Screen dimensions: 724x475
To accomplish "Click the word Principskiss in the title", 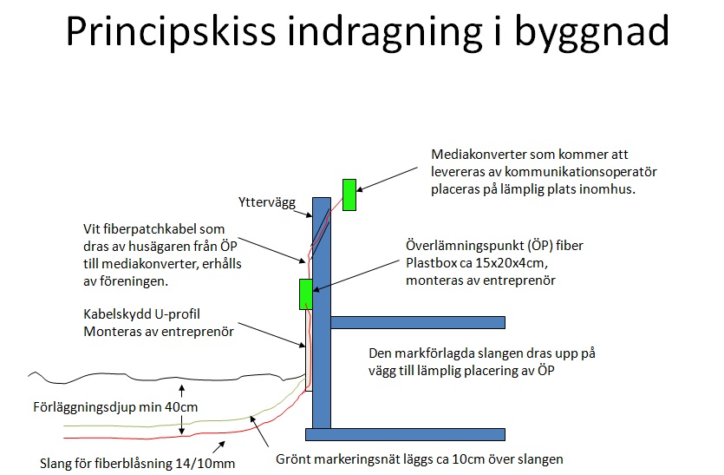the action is point(171,31).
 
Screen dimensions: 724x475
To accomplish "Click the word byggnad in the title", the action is point(591,31).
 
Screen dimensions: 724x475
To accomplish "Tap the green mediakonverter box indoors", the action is point(349,195).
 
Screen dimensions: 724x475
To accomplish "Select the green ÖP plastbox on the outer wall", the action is point(306,294).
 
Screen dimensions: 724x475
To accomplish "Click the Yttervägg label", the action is point(267,202).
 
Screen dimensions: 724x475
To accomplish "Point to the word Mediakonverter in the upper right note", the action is point(479,154).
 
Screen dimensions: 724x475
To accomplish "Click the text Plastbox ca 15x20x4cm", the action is point(477,263).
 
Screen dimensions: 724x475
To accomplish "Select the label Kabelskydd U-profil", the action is point(141,314).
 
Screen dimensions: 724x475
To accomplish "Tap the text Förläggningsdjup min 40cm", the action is point(115,407).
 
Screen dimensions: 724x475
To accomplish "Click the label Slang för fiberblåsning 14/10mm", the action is point(137,463).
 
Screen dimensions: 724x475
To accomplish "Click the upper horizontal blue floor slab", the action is point(418,322).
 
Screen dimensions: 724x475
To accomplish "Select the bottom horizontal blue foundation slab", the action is point(405,434).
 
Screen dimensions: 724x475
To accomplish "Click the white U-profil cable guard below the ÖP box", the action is point(309,350).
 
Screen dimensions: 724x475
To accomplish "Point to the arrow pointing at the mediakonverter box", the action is point(387,180).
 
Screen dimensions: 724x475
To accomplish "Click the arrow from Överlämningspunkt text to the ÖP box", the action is point(355,275).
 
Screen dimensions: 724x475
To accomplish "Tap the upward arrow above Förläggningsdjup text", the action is point(182,391).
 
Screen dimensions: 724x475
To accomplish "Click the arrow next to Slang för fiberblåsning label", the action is point(219,447).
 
